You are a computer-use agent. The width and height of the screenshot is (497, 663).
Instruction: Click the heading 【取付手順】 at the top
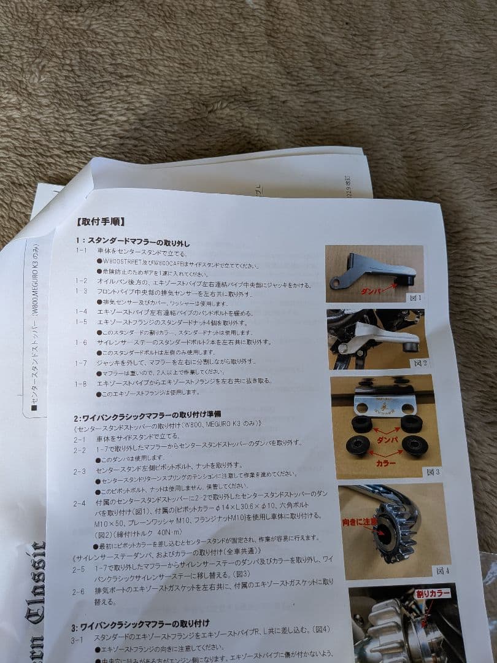click(x=101, y=222)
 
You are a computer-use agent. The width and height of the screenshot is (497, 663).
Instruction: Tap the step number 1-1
click(x=82, y=251)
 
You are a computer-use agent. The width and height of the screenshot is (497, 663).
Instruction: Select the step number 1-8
click(x=81, y=384)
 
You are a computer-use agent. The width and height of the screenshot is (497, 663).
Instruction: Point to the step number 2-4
click(x=80, y=503)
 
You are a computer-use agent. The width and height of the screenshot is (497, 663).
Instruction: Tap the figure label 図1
click(x=415, y=298)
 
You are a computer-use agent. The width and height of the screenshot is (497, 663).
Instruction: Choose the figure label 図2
click(x=420, y=363)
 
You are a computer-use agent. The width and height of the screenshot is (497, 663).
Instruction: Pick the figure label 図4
click(x=442, y=570)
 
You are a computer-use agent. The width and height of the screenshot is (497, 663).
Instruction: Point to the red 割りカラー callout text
click(x=433, y=594)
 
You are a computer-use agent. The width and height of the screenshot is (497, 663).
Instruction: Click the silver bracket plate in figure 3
click(x=385, y=404)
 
